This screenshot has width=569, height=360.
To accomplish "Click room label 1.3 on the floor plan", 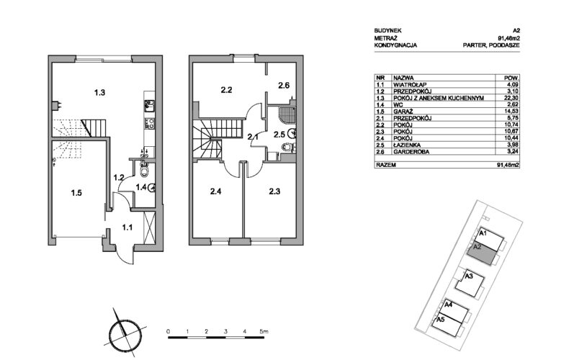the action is coord(100,93).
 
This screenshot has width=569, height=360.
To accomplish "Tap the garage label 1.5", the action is coord(76,193).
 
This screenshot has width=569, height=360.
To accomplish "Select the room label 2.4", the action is coord(215,192).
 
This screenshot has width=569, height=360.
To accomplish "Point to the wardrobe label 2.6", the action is coord(284,86).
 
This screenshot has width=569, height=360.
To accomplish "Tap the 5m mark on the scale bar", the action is coord(264,331).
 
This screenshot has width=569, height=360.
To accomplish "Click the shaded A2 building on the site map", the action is coord(481,253).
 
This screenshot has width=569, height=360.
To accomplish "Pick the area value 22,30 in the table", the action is coord(511,98).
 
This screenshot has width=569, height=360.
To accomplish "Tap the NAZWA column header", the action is coord(403,78).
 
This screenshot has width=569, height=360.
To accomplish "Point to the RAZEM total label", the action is coord(386,165).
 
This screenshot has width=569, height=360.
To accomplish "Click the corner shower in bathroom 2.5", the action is coord(287,114).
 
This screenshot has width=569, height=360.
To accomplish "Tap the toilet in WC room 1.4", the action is coord(145,171).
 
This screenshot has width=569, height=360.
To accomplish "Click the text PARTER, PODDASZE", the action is coord(491,45).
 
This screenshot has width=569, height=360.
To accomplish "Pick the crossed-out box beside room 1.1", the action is coord(150,227).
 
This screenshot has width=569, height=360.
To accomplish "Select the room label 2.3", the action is coord(274,192).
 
